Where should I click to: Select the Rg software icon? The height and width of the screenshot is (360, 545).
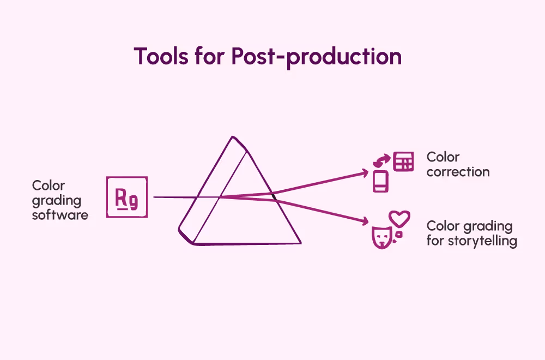coord(127,197)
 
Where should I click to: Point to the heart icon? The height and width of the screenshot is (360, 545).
coord(401,219)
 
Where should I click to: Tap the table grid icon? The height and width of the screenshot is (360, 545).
coord(403,162)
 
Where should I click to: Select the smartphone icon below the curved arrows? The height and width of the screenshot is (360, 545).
coord(381,181)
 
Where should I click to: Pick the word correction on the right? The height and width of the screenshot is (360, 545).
coord(458,172)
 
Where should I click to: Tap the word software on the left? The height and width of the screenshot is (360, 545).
coord(60,215)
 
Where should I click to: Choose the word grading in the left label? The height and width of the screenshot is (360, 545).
coord(57,200)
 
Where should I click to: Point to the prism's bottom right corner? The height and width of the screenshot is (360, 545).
coord(300,243)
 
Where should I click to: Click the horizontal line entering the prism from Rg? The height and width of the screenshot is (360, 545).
coord(174,197)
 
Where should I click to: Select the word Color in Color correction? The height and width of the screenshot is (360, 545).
coord(443,157)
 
